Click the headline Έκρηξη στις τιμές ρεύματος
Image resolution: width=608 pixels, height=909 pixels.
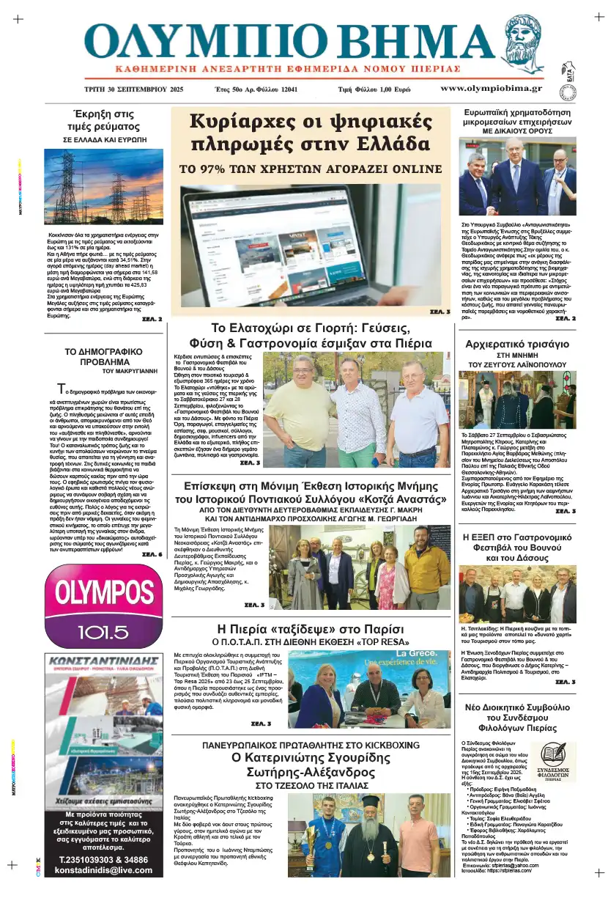point(103,120)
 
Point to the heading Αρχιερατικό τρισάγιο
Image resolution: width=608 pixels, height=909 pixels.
point(517,344)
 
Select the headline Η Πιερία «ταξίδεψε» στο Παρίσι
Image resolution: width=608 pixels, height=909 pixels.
point(311,630)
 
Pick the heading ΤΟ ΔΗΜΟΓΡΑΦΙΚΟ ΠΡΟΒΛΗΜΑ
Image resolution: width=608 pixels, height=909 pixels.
point(102,356)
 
